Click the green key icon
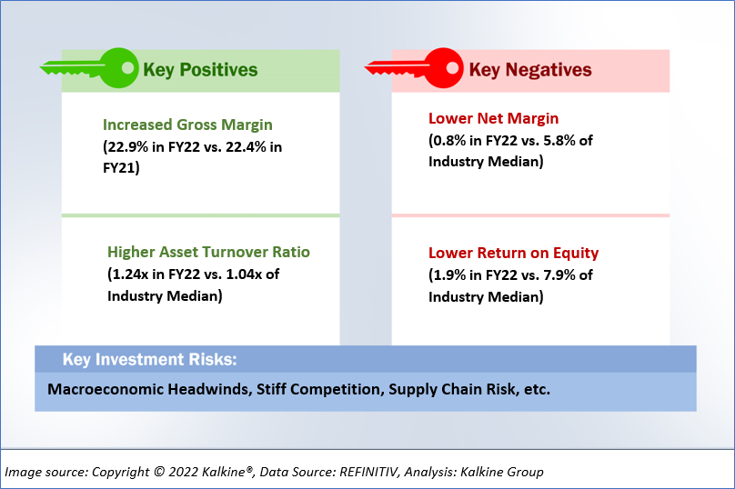[89, 68]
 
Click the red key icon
[414, 68]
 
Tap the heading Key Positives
[200, 70]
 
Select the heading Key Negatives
[530, 70]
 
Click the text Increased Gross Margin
[187, 125]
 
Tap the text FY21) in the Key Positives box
[121, 167]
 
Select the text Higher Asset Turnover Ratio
[208, 252]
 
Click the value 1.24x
[130, 274]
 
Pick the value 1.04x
[244, 274]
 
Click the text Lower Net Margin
[494, 118]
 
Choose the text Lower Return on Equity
[514, 253]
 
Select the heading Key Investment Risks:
[150, 359]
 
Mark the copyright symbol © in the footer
[159, 472]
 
